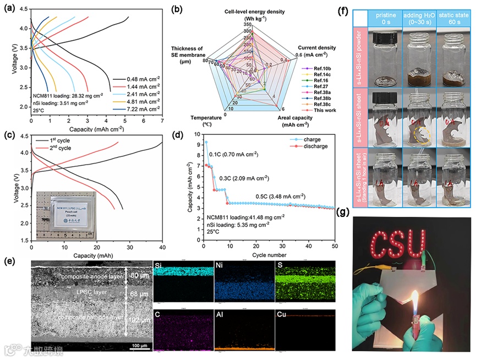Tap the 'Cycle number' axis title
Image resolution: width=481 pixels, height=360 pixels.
269,255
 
